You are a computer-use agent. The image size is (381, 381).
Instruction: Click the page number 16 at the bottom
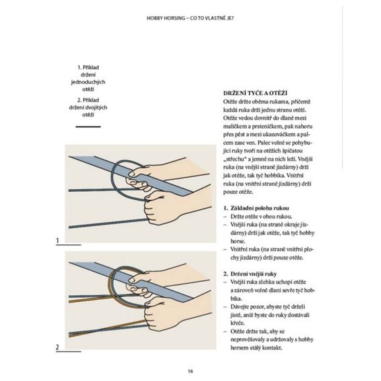(190, 371)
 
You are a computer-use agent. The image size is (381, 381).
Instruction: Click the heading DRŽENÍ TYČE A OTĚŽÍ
(260, 91)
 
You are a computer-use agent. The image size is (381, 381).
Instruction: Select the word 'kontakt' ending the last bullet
(268, 347)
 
